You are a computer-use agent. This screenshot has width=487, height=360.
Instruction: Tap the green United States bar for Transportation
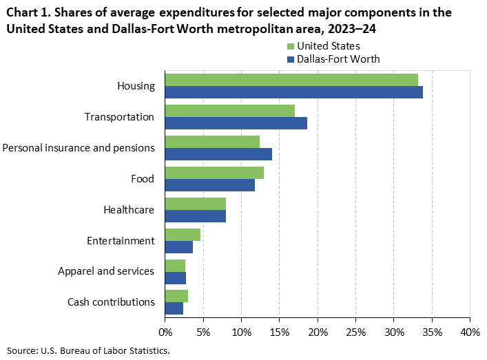click(x=230, y=111)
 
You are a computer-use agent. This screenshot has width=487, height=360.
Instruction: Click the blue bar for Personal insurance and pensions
click(x=218, y=154)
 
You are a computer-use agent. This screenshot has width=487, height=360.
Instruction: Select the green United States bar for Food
click(x=214, y=173)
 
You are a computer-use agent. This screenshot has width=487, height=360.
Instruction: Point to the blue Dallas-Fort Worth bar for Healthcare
click(x=196, y=216)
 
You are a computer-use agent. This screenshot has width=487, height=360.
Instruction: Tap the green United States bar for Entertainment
click(x=183, y=235)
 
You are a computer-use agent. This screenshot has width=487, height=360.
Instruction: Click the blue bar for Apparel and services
click(x=176, y=278)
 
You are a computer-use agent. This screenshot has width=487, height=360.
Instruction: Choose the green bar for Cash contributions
click(x=176, y=297)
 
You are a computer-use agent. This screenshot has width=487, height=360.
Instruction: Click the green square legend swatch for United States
click(x=290, y=47)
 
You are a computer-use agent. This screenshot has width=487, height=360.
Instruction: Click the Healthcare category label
click(x=128, y=210)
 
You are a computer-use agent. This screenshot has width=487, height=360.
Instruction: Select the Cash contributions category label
click(x=111, y=302)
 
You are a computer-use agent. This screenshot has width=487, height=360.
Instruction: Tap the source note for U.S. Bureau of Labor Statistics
click(x=88, y=350)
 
